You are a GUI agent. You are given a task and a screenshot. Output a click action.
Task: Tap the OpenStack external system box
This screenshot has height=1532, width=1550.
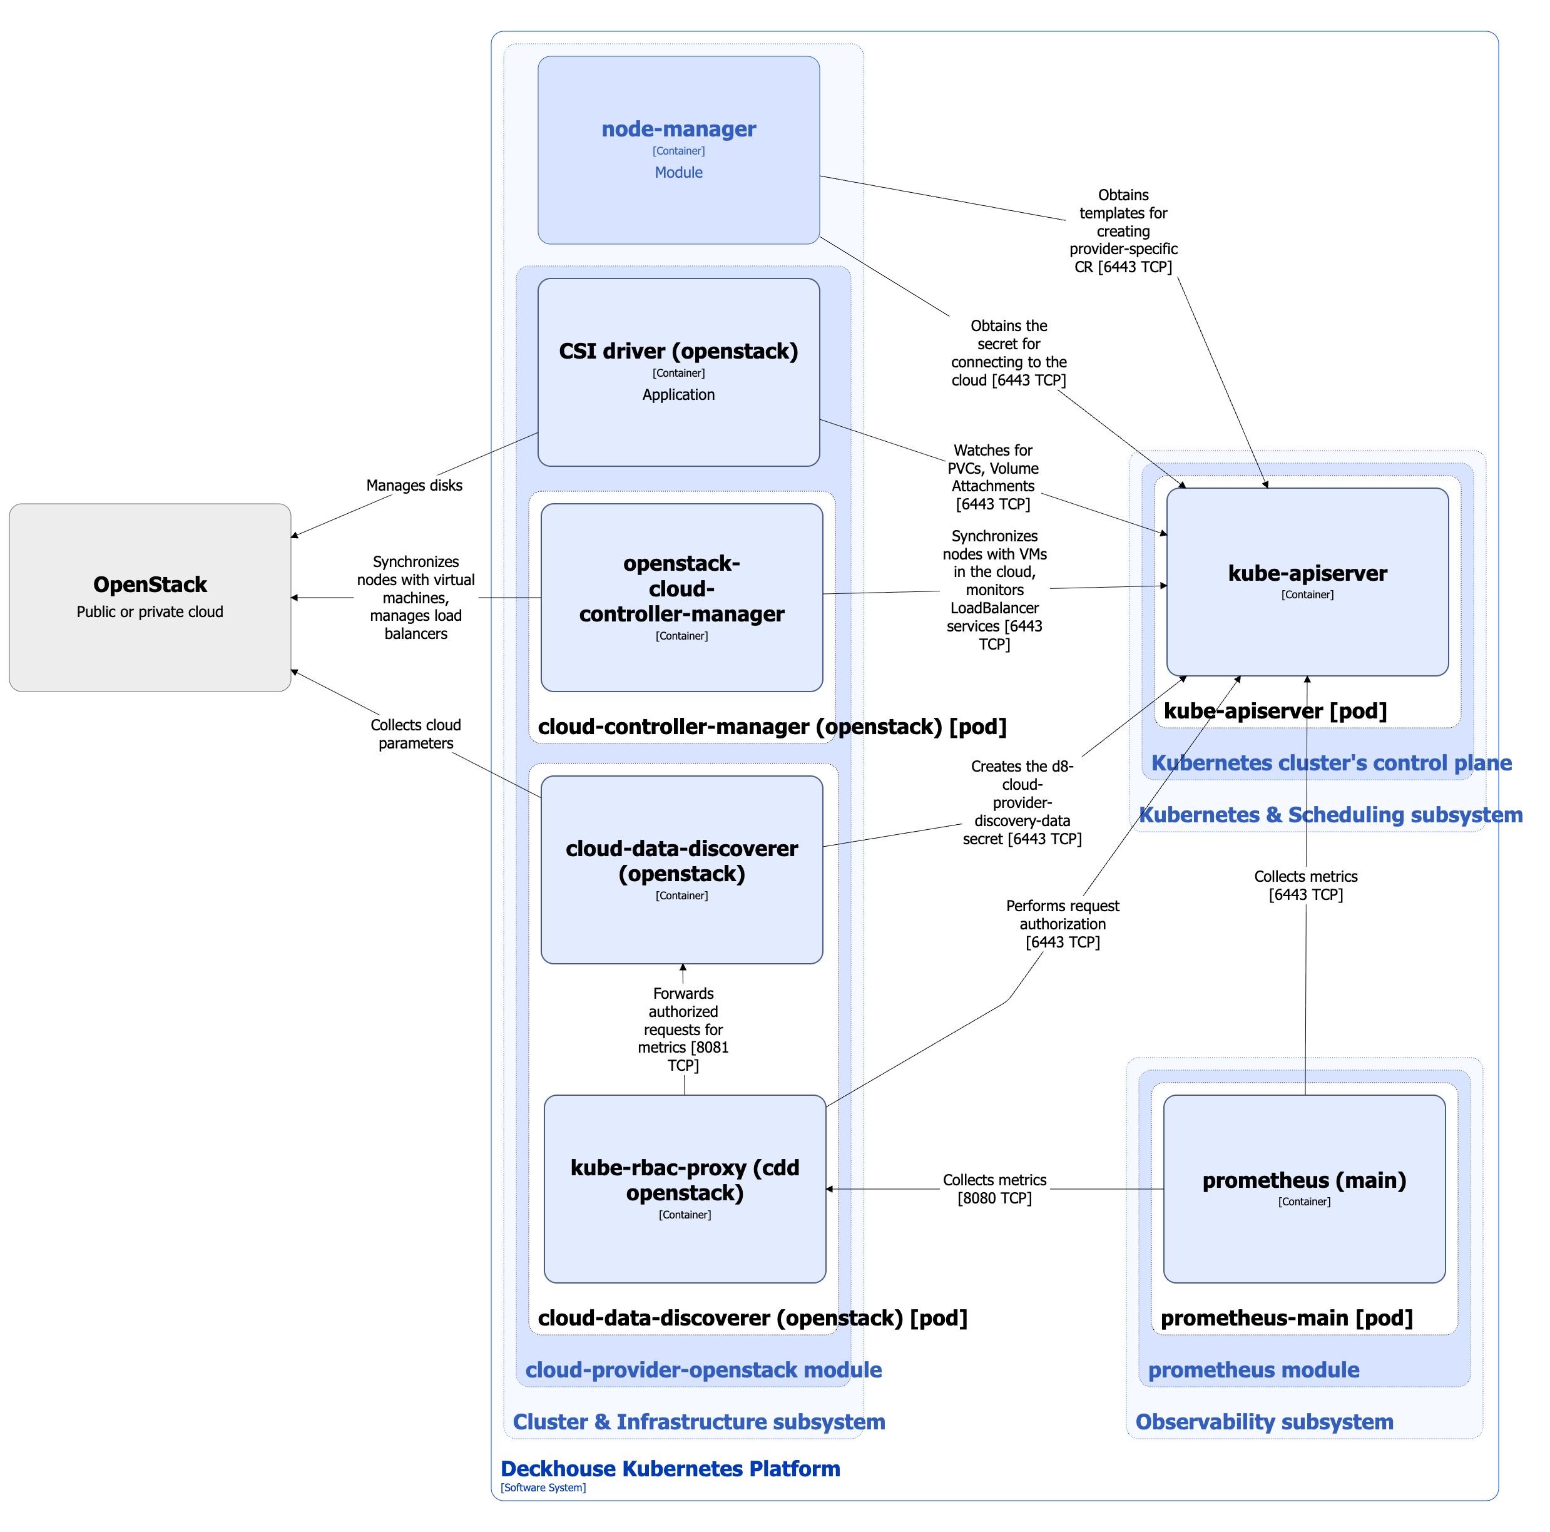150,597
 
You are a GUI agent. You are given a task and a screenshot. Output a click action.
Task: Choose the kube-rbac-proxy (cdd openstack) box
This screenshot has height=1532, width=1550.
685,1188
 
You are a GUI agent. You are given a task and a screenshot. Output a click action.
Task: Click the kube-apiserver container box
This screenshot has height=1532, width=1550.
1307,582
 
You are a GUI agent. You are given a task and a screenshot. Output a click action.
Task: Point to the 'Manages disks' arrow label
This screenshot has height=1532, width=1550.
414,485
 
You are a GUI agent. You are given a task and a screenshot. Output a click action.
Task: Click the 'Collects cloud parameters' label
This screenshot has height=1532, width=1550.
416,733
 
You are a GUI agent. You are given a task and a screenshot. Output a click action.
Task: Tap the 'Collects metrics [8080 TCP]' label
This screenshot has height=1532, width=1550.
994,1188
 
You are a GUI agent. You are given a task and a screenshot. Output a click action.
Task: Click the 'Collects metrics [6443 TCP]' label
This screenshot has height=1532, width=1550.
1305,885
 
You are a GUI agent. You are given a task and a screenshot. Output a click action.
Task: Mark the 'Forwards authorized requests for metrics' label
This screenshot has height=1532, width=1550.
683,1029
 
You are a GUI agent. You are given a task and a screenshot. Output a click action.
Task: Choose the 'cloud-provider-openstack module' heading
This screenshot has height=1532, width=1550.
703,1369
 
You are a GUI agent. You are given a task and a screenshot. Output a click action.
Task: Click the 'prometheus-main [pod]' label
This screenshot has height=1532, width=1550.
1286,1318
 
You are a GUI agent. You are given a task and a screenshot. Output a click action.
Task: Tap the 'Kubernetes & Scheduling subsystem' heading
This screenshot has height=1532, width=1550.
1330,815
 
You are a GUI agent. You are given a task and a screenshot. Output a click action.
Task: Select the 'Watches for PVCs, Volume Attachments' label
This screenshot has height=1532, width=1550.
992,477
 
